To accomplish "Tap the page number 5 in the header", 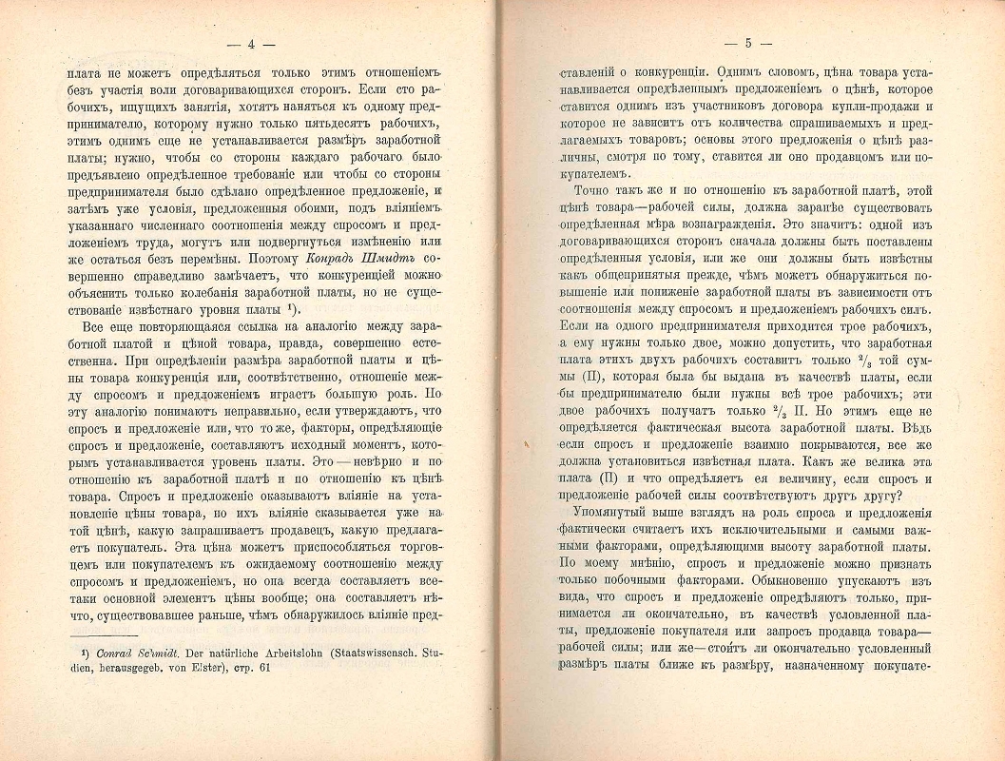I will click(748, 43).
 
